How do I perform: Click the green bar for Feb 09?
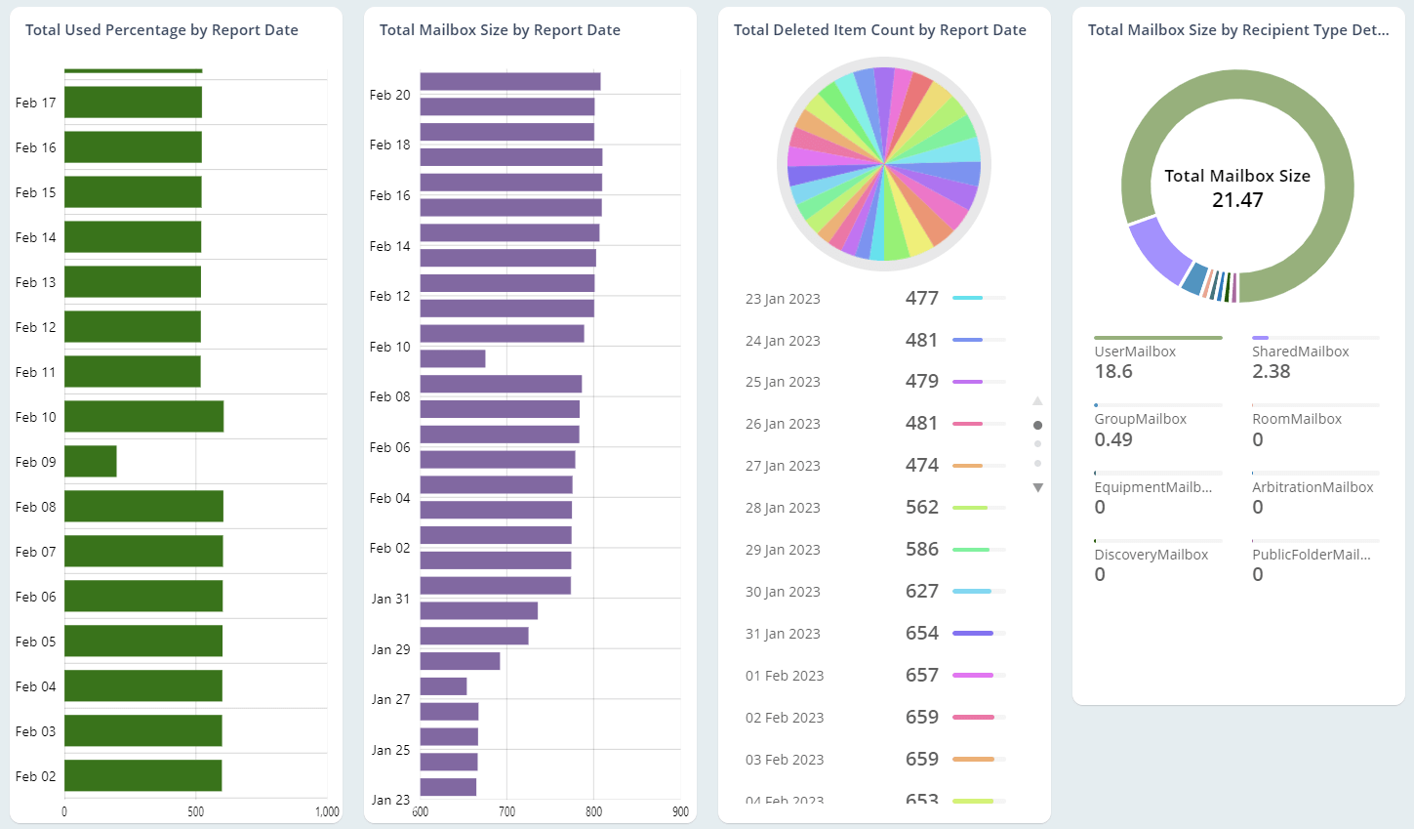(x=91, y=462)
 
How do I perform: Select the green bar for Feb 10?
(x=143, y=417)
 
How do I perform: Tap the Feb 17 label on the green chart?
(x=36, y=103)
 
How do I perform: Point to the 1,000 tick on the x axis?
(x=327, y=811)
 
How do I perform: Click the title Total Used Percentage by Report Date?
(x=162, y=30)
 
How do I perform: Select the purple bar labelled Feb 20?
(x=509, y=82)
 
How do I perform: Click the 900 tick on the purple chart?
(x=680, y=811)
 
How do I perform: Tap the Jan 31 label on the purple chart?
(x=390, y=599)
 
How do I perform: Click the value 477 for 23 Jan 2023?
(x=921, y=298)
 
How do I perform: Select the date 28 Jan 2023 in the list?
(x=783, y=508)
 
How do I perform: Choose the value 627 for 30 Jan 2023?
(x=921, y=591)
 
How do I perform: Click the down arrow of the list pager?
(x=1037, y=487)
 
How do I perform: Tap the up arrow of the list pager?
(x=1037, y=401)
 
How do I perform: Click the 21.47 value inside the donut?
(x=1237, y=200)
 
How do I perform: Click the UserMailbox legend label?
(x=1135, y=352)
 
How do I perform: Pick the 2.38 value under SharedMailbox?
(x=1272, y=372)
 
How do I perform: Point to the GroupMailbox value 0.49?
(x=1113, y=439)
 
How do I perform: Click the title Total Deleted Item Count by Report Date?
(x=879, y=30)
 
